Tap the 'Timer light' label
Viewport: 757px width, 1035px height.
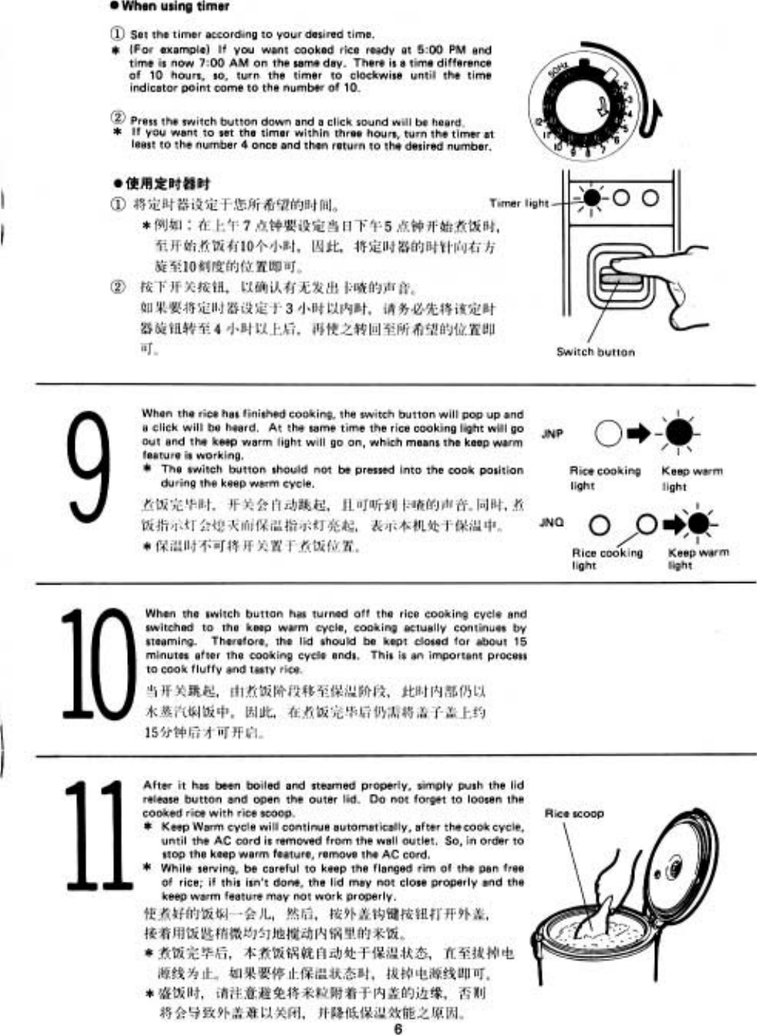point(519,203)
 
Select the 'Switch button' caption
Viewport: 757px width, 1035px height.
point(595,352)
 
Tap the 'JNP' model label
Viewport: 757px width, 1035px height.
point(552,434)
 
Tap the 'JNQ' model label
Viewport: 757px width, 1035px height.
point(551,522)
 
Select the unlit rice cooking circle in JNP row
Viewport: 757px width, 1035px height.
point(608,434)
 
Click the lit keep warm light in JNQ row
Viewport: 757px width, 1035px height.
point(699,525)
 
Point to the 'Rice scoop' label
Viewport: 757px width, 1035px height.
point(574,814)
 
